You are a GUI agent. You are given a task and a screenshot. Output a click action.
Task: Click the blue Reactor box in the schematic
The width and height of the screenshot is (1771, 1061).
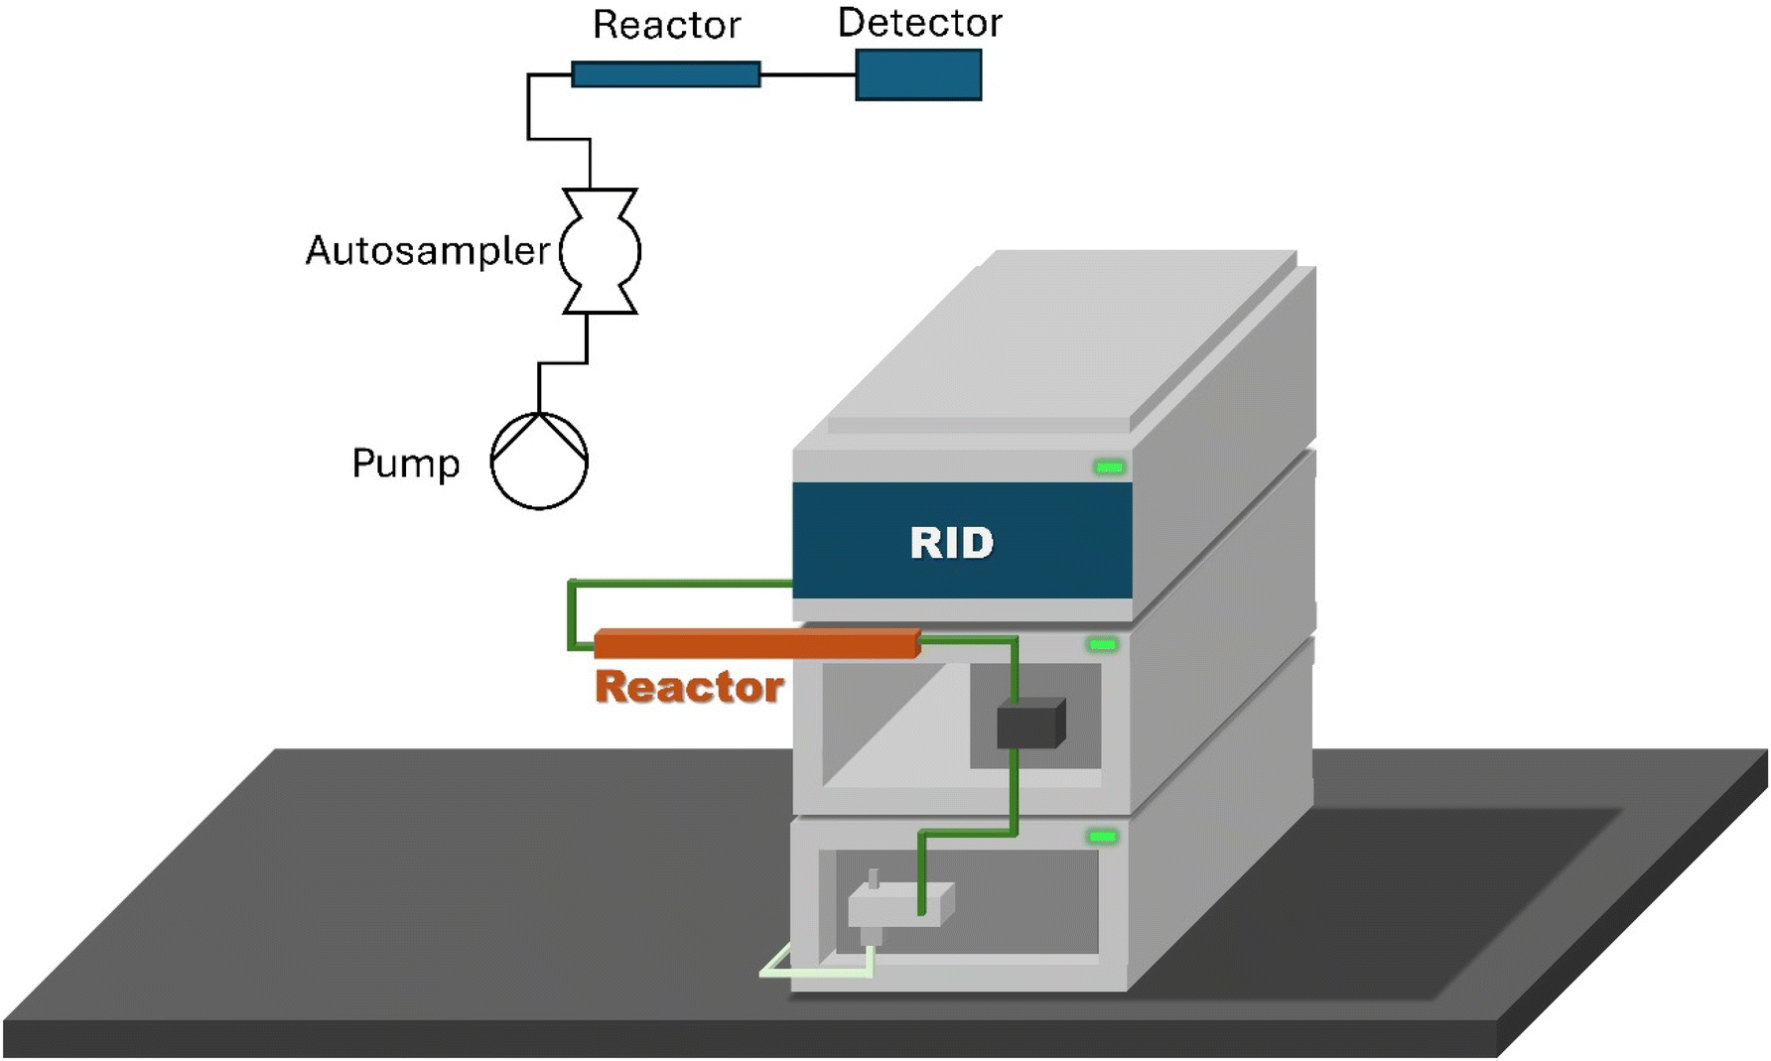(666, 74)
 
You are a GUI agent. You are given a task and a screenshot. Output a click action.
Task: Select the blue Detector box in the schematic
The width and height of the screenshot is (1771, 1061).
(918, 74)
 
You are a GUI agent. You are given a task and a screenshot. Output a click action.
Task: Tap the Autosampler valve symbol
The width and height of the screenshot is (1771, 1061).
(600, 251)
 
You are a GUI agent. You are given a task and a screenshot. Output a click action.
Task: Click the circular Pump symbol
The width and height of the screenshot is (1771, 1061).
(540, 462)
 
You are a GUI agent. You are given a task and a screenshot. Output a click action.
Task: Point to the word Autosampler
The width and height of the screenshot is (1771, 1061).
(427, 251)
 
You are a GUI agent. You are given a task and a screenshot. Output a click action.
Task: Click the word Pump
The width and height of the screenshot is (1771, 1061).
(406, 464)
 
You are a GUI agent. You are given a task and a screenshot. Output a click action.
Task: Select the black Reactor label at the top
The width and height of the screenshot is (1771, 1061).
(666, 25)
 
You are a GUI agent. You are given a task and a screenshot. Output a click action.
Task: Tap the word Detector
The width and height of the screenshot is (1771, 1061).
(920, 23)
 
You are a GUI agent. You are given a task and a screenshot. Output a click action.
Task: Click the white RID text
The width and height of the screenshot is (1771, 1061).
(952, 543)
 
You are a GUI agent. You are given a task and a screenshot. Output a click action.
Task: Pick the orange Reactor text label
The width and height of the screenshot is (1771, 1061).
(689, 687)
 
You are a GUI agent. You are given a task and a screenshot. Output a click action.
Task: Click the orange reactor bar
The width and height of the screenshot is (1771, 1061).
(756, 643)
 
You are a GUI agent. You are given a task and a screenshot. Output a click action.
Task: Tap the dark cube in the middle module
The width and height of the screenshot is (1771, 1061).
(1030, 724)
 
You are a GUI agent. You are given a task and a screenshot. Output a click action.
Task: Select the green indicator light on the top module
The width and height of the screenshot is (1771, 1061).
(1109, 466)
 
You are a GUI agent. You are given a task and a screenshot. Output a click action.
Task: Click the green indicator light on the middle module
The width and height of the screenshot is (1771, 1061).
(1102, 645)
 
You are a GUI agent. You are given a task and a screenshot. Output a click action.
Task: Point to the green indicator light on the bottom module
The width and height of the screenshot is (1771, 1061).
(1102, 837)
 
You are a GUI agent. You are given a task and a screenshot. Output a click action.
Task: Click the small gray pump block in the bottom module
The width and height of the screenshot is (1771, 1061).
(899, 905)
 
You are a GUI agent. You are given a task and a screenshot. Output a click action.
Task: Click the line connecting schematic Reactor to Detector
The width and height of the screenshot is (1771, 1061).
(808, 74)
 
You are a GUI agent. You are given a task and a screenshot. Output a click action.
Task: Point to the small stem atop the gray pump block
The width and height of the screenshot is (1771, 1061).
(873, 878)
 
